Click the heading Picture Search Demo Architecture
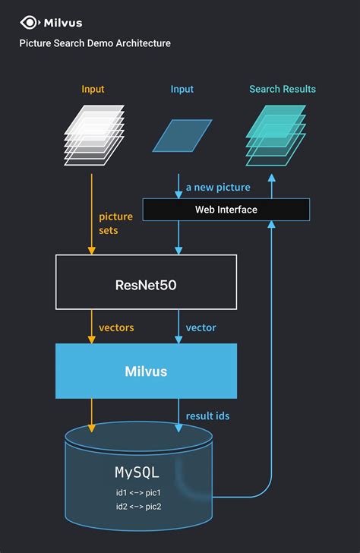(95, 43)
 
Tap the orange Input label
(93, 90)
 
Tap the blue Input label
(182, 90)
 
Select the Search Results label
(283, 90)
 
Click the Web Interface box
(226, 210)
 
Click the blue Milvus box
(146, 371)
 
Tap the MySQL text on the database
(137, 472)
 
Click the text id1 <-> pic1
(137, 492)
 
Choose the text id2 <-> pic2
(137, 507)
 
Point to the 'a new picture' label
(218, 187)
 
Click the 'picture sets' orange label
(115, 223)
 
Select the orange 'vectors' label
(116, 327)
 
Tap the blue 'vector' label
(201, 327)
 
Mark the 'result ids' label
(207, 416)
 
